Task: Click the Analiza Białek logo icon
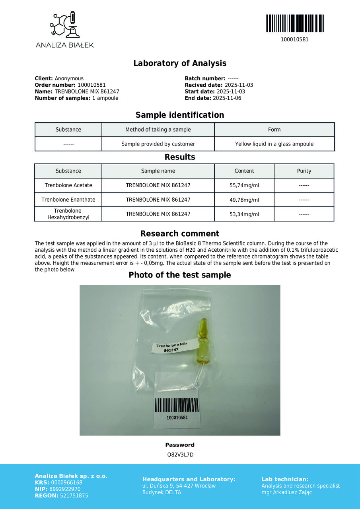pos(64,25)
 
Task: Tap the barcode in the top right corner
pos(294,23)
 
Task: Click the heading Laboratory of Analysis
pos(180,63)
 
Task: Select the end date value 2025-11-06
pos(227,98)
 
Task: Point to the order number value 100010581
pos(91,85)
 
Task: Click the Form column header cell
pos(274,130)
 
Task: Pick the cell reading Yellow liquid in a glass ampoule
pos(274,144)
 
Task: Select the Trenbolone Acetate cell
pos(68,185)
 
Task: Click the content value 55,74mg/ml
pos(244,185)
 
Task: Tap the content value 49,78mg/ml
pos(244,200)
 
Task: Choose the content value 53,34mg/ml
pos(244,214)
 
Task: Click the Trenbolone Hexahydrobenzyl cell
pos(68,214)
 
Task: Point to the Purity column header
pos(304,171)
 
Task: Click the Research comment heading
pos(180,233)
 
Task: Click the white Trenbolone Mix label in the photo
pos(171,347)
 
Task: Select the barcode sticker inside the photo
pos(177,406)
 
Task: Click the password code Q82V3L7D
pos(180,455)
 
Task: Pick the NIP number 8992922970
pos(66,489)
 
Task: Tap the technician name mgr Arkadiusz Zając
pos(287,492)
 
